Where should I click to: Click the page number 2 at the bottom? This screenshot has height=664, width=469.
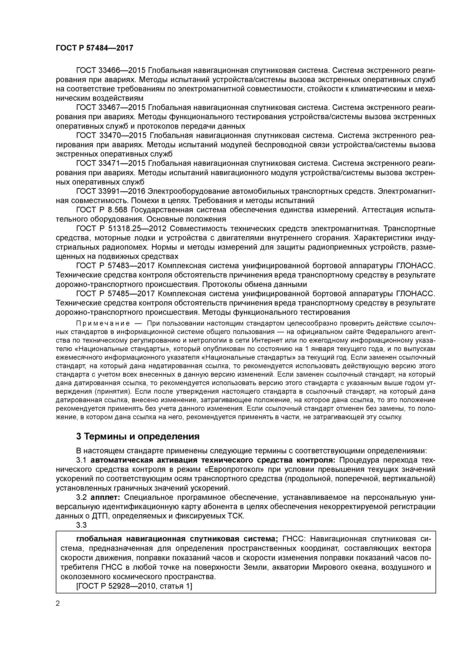pyautogui.click(x=58, y=603)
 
